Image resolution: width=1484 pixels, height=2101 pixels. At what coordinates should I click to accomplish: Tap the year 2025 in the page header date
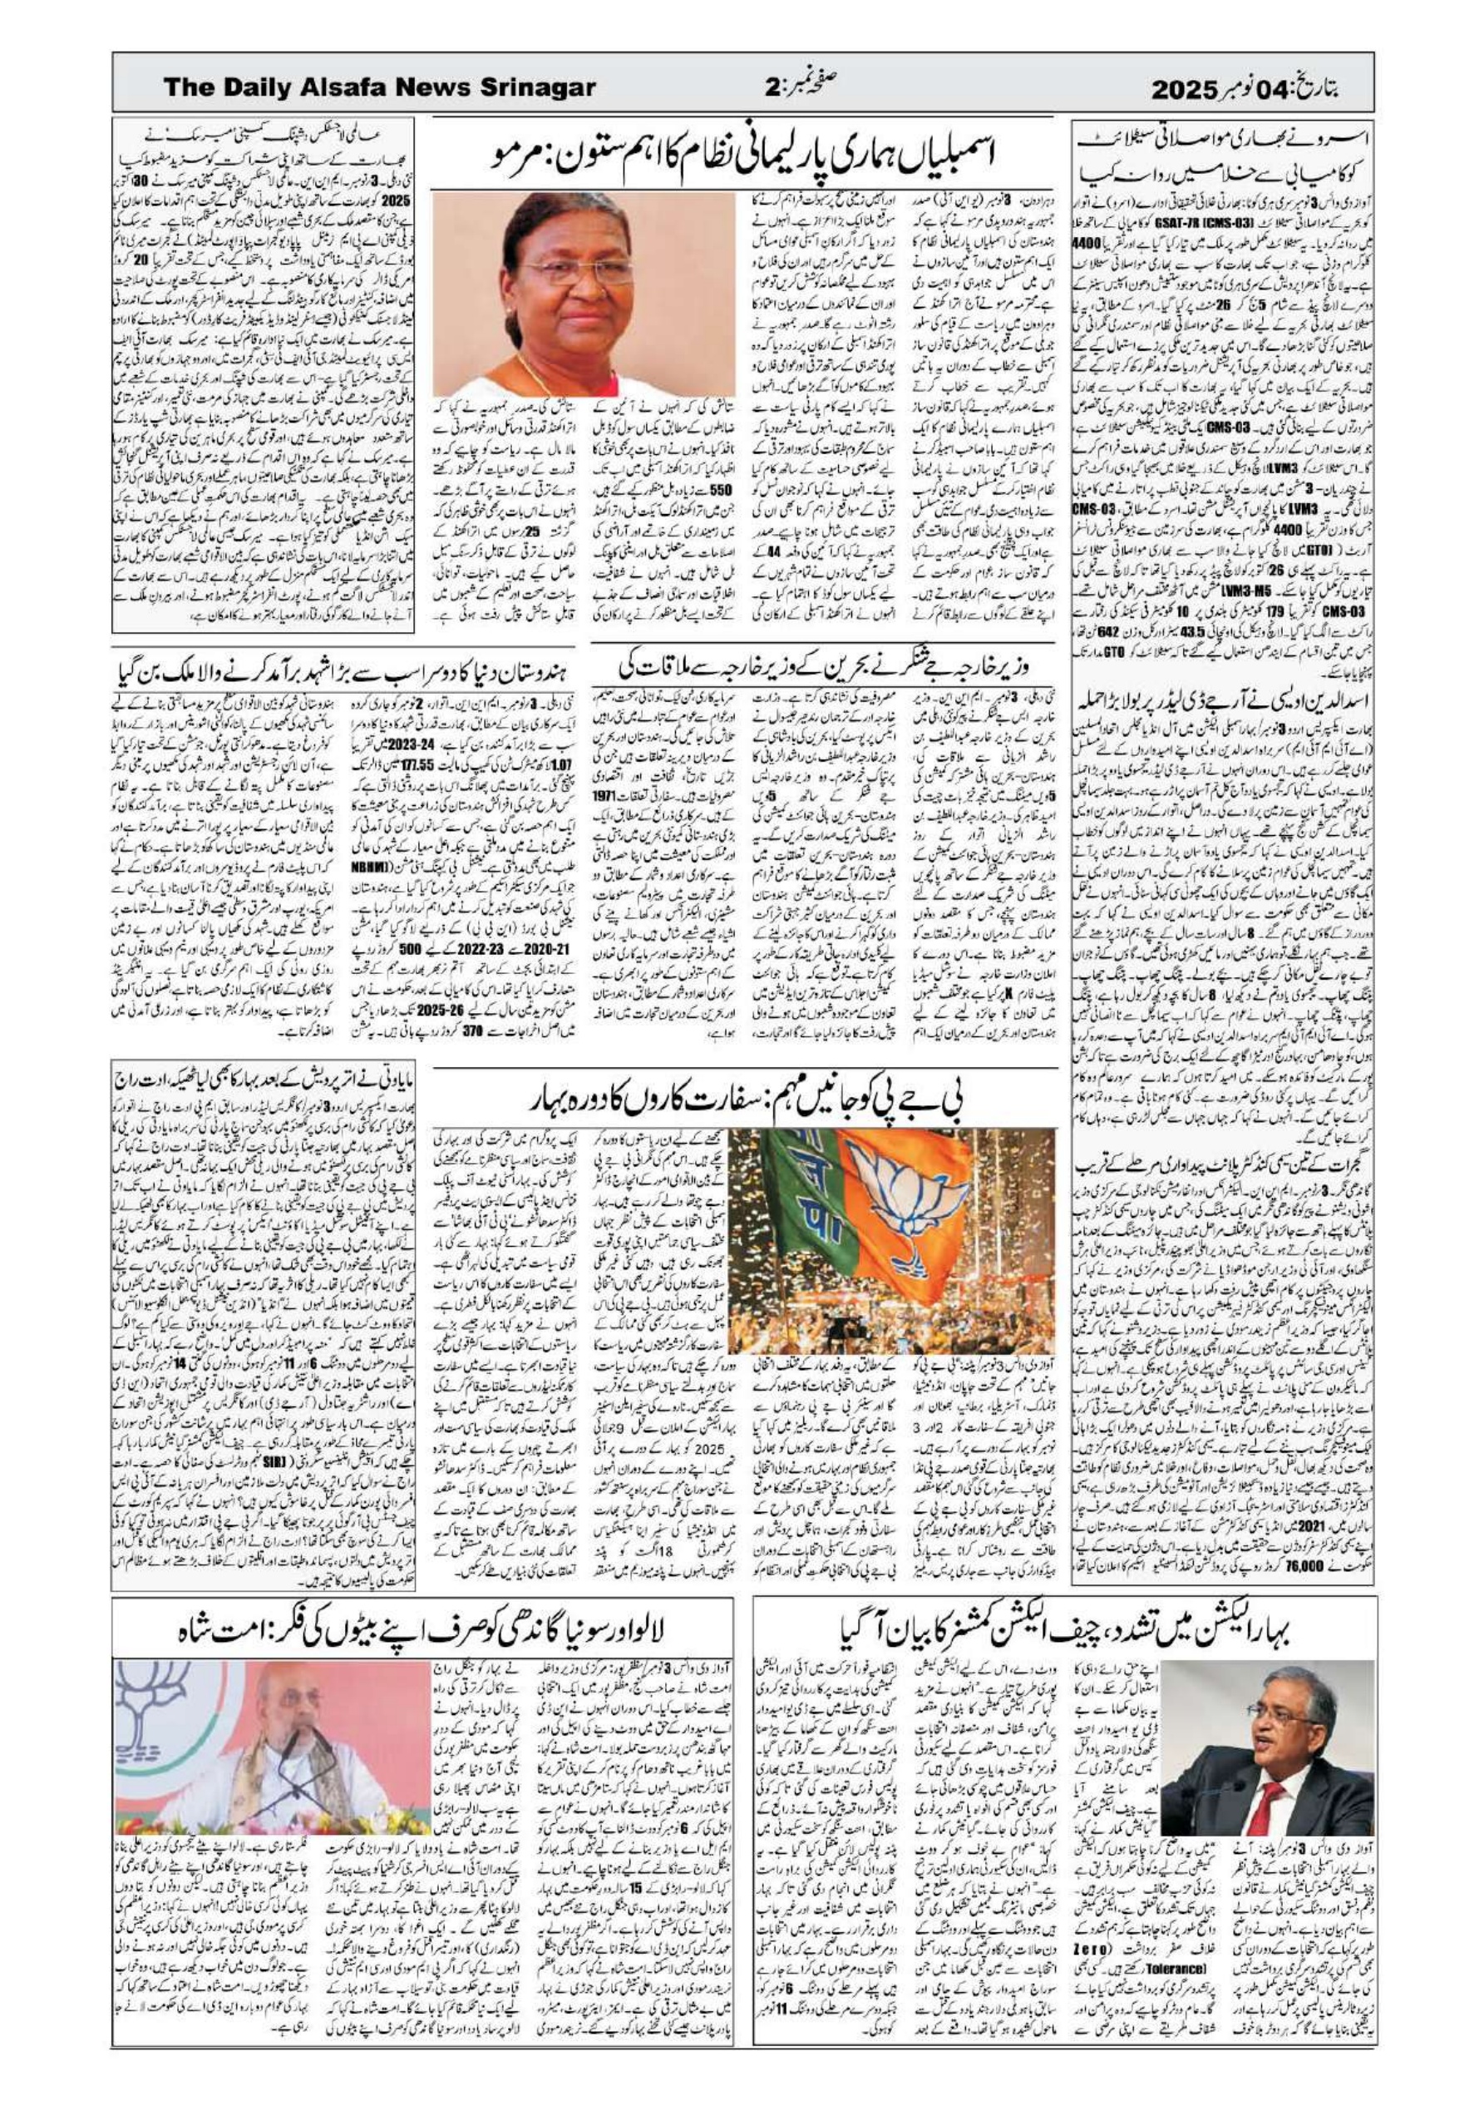[1193, 89]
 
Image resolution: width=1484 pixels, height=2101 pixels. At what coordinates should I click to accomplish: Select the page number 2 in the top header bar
[771, 89]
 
